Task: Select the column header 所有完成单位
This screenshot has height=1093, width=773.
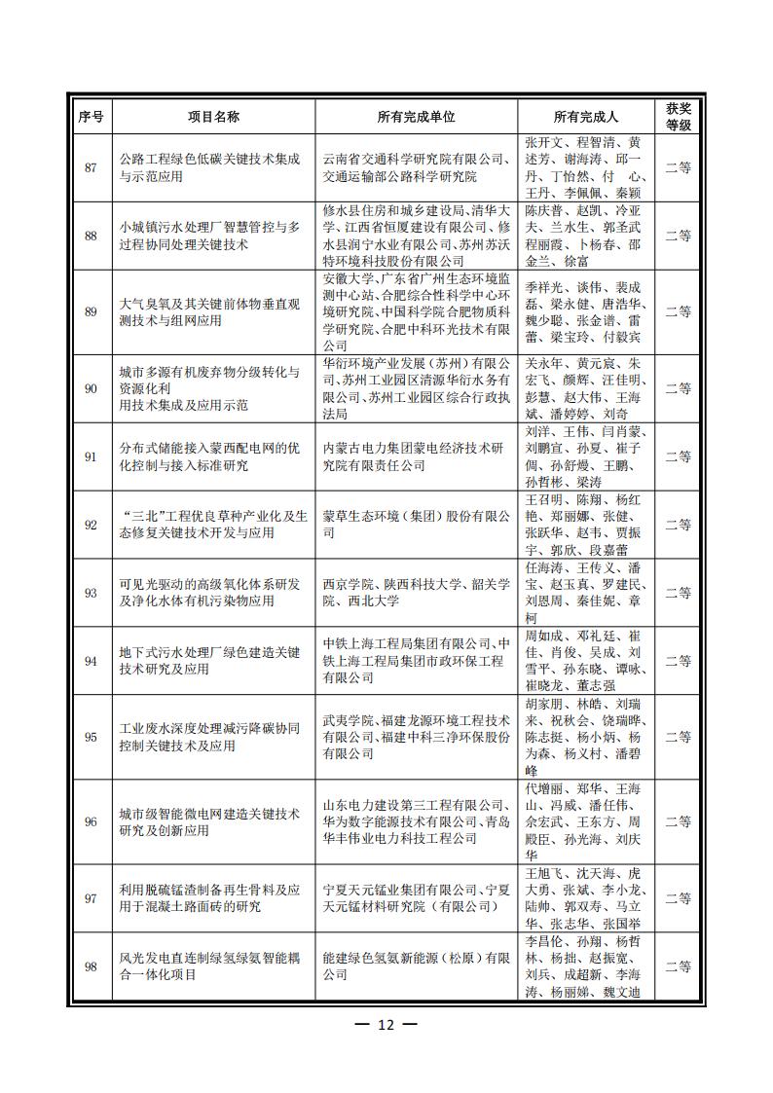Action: click(416, 116)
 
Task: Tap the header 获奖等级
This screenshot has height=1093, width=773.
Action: click(679, 116)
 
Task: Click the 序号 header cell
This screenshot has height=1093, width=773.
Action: click(91, 116)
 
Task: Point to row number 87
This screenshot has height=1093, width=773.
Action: click(91, 167)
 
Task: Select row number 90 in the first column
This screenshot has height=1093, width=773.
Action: click(91, 388)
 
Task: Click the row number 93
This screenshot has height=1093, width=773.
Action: click(91, 593)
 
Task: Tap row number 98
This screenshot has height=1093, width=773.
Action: click(91, 966)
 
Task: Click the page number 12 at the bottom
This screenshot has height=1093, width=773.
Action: click(386, 1024)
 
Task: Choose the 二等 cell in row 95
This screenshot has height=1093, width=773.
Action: click(679, 737)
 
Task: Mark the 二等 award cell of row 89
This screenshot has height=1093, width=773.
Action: click(679, 311)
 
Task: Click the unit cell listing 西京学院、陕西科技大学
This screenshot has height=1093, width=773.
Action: click(416, 593)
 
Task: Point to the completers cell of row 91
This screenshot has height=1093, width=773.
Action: click(582, 456)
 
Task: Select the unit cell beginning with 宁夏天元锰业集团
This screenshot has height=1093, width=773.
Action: click(416, 898)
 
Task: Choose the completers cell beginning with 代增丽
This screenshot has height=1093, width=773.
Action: click(582, 821)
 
